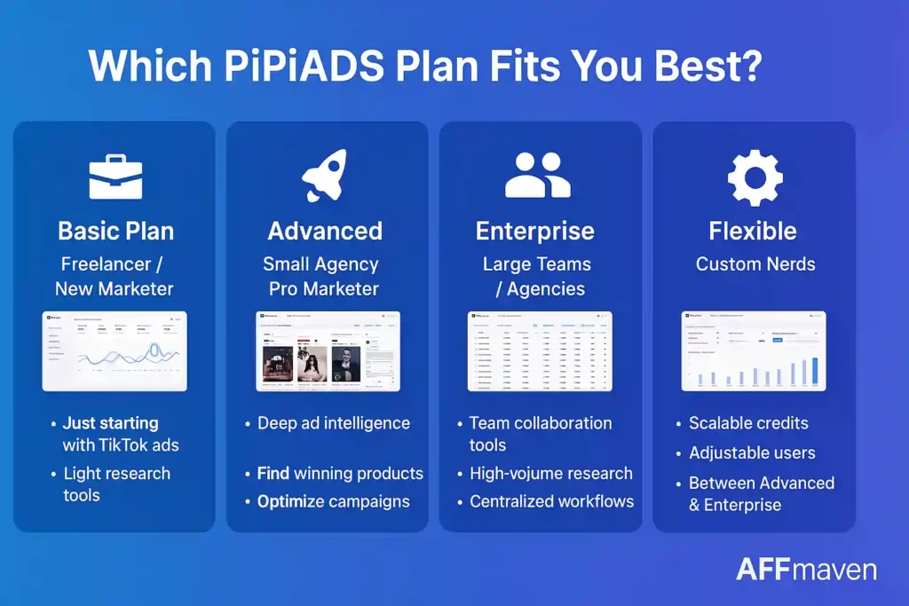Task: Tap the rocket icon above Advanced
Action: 325,175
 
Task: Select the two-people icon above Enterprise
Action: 538,175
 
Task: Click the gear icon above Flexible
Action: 755,176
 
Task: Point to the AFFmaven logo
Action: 806,569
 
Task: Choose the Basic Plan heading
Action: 115,232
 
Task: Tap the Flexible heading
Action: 753,232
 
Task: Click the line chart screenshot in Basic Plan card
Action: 115,351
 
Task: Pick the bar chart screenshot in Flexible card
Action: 754,351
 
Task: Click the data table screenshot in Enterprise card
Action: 541,351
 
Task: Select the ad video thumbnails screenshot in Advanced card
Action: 328,351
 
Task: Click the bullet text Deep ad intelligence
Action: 333,423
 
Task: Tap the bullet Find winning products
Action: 339,473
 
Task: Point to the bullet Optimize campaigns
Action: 333,501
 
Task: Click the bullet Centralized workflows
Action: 551,501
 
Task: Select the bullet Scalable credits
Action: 748,423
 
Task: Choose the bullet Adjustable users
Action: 751,453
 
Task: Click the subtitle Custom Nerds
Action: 755,264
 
